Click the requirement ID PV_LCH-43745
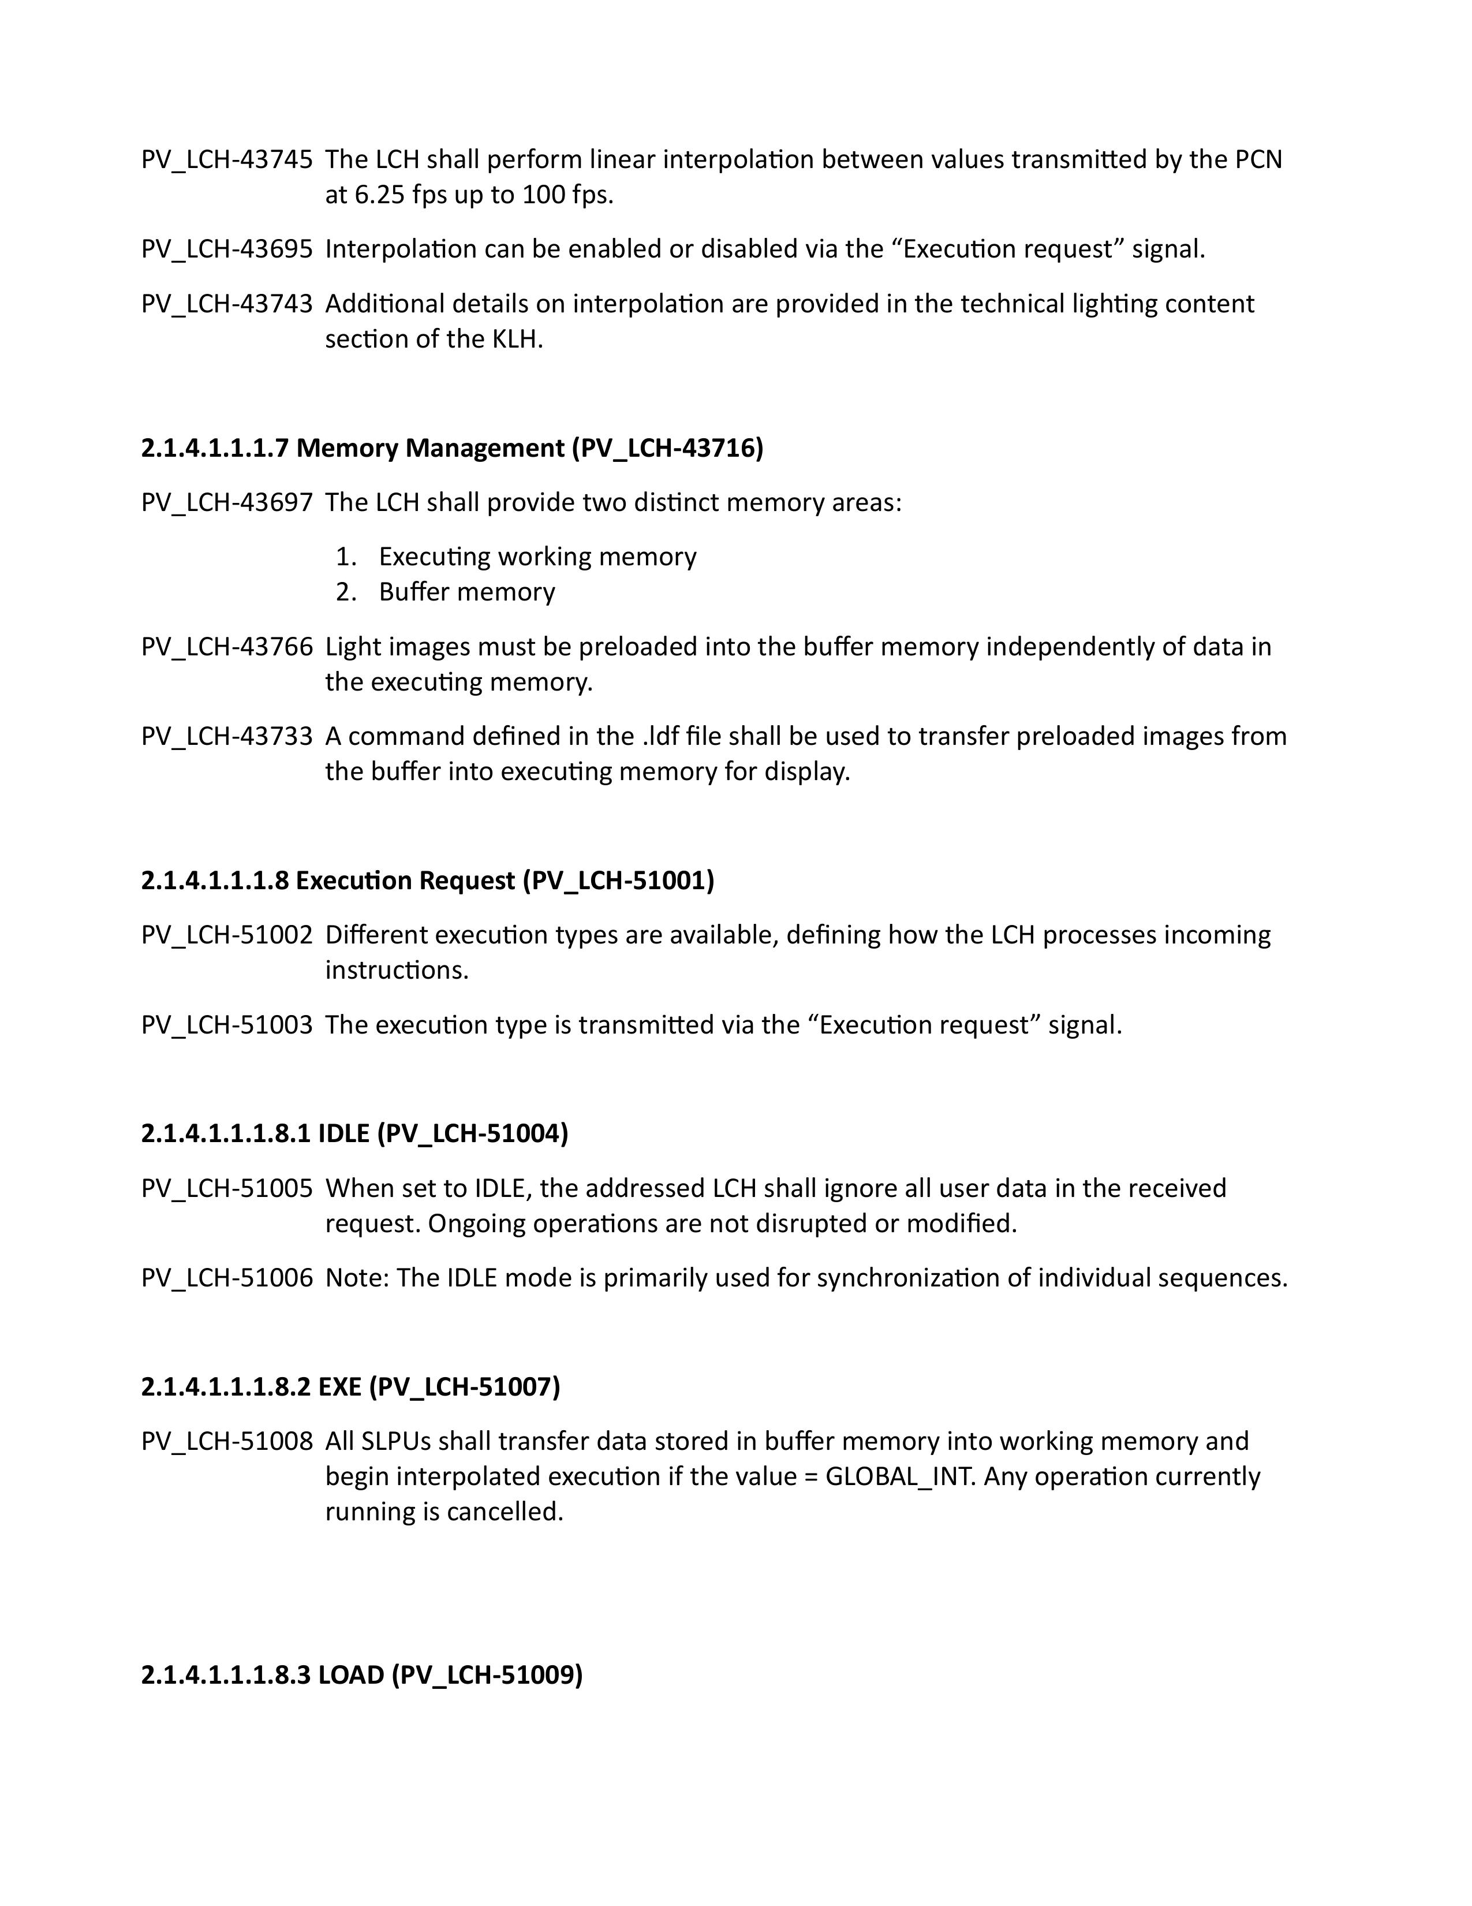[226, 160]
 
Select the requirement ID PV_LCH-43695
[226, 249]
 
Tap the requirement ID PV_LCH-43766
[226, 647]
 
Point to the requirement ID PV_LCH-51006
[226, 1278]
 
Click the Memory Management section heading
[452, 447]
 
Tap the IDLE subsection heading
[354, 1133]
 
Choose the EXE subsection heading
[350, 1387]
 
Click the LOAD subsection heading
[361, 1674]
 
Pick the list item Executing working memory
[537, 557]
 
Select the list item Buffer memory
[467, 592]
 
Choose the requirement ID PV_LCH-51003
[226, 1024]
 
